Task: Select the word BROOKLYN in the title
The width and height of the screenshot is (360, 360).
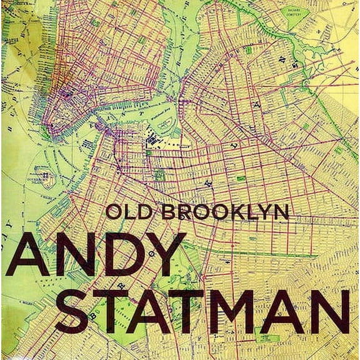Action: point(225,211)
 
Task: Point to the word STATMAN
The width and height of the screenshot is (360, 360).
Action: point(206,311)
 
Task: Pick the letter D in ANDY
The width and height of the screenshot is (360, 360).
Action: point(122,255)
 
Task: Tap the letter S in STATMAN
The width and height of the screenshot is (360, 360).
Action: point(81,311)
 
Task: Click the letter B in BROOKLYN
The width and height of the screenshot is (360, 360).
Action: point(169,211)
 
